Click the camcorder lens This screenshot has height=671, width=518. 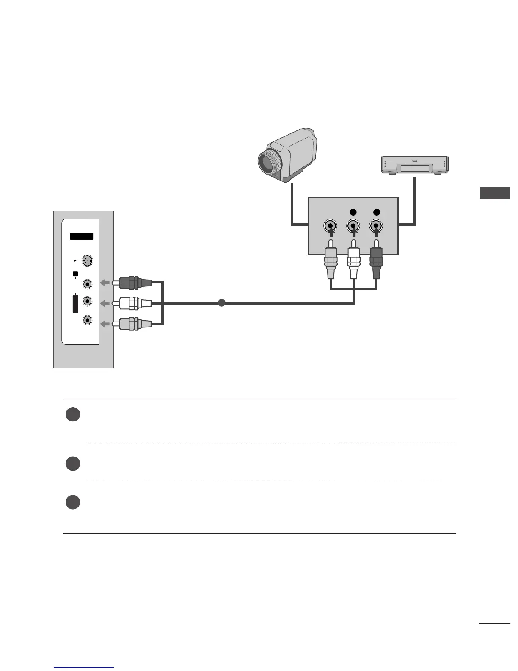(x=267, y=161)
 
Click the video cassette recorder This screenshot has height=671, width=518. (x=415, y=165)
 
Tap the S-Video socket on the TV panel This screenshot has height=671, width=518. (x=87, y=261)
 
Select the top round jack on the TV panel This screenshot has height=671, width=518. (x=87, y=283)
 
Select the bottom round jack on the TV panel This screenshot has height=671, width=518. (x=87, y=320)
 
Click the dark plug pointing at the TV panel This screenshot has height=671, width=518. (x=135, y=283)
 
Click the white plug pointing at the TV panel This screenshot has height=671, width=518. (x=135, y=303)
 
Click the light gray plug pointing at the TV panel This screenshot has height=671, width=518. (x=135, y=324)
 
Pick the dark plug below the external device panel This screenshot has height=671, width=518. (x=376, y=263)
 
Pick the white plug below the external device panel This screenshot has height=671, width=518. (x=353, y=263)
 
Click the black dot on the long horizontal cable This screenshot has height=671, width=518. (x=221, y=303)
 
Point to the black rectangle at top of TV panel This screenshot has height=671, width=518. (x=82, y=236)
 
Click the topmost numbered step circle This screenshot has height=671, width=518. (x=73, y=414)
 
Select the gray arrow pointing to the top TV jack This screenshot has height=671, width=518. (x=104, y=283)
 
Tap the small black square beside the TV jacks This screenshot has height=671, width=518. (x=75, y=274)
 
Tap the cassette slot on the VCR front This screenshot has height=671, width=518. (x=415, y=169)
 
